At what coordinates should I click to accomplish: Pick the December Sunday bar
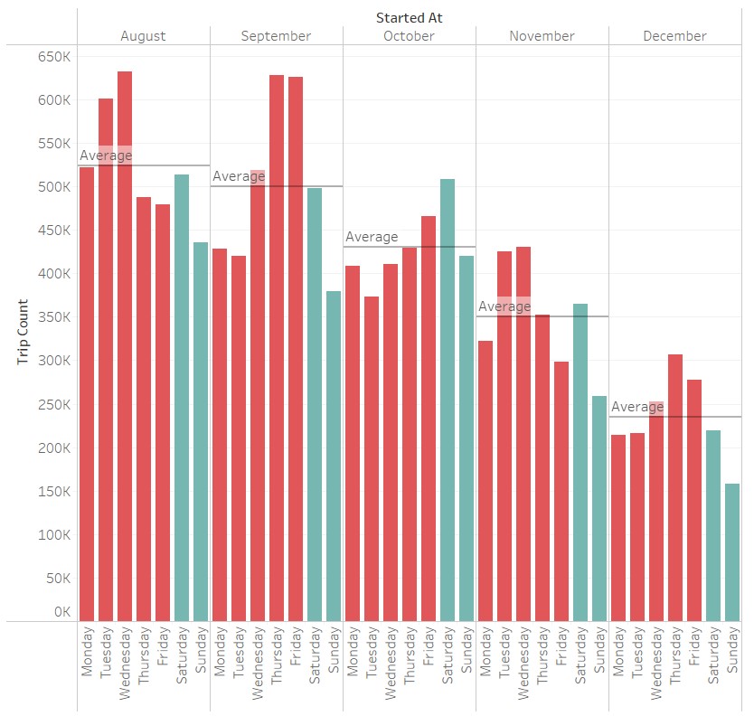[x=731, y=551]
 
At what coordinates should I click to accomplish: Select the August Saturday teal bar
[x=182, y=397]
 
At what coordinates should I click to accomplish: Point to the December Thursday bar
[x=675, y=487]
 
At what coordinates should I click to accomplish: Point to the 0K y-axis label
[x=61, y=612]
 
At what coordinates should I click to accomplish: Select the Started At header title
[x=409, y=17]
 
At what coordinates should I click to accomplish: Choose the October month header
[x=409, y=36]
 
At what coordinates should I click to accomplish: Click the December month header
[x=674, y=36]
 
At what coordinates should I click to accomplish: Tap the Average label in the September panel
[x=239, y=176]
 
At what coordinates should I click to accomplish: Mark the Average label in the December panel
[x=637, y=407]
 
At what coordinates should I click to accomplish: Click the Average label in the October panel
[x=372, y=237]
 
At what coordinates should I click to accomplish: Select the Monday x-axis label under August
[x=87, y=650]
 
